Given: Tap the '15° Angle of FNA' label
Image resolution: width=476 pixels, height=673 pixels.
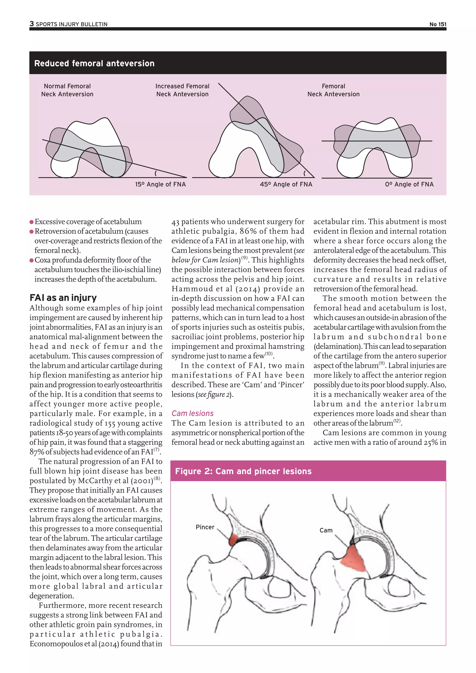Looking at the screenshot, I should point(160,184).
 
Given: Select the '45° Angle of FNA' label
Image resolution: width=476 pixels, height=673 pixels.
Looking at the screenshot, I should point(286,184).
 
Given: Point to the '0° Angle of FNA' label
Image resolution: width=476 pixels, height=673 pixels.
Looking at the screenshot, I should point(409,184).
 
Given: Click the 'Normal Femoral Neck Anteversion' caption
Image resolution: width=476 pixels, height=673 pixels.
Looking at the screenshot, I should point(67,90).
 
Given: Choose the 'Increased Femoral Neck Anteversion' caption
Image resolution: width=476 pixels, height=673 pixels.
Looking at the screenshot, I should point(182,90).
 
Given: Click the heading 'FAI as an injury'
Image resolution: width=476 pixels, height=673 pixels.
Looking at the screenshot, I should point(63,298).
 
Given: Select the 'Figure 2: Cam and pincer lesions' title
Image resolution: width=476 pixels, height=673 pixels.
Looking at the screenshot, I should point(243,471).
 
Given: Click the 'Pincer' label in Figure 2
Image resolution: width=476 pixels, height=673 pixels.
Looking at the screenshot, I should point(205,527).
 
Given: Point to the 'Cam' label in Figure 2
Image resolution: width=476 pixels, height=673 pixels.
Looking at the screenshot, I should point(326,531).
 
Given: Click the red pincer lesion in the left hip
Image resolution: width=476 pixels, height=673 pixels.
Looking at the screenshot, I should point(234,539).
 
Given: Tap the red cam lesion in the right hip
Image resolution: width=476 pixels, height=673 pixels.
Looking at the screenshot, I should point(354,560).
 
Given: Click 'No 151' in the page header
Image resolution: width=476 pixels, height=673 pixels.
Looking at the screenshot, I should point(438,24).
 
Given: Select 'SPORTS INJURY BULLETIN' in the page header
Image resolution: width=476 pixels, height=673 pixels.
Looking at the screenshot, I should point(72,24).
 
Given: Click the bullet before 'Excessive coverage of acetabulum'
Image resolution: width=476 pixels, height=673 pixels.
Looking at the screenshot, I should point(31,222).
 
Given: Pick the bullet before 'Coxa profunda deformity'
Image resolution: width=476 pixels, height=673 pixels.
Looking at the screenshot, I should point(31,261).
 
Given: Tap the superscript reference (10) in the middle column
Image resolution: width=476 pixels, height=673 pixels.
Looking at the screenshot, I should point(269,354).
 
